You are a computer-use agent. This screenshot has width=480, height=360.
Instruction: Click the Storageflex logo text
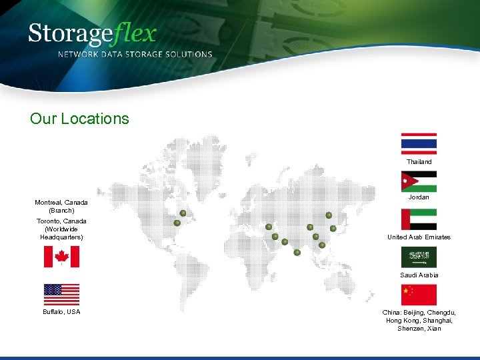93,33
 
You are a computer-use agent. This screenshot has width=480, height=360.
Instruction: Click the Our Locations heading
79,119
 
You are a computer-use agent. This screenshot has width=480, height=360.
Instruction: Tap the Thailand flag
419,143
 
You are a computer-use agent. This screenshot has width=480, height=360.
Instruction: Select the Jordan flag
419,181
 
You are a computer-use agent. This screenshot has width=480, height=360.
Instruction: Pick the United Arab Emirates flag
419,219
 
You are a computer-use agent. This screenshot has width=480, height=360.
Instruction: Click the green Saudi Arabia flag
419,257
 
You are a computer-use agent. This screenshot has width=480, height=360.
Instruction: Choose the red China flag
419,294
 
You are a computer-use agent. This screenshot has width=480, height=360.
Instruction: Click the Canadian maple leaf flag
61,257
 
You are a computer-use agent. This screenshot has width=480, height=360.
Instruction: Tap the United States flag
61,294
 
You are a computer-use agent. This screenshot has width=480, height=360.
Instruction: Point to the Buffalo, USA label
61,311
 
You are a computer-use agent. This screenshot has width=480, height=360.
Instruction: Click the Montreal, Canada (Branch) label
61,206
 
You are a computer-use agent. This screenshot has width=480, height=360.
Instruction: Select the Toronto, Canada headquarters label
61,229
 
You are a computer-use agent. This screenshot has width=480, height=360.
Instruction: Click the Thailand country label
419,162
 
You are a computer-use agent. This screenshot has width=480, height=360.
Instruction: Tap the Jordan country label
419,197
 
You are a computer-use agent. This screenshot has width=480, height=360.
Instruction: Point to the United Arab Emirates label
419,237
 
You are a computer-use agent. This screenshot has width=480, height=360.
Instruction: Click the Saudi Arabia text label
419,275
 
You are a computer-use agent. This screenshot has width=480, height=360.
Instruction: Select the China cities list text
419,320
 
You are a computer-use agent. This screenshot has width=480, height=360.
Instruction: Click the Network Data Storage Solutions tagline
135,54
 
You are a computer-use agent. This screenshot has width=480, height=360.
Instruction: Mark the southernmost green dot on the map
297,252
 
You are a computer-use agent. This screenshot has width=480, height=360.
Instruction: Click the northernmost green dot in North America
183,213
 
